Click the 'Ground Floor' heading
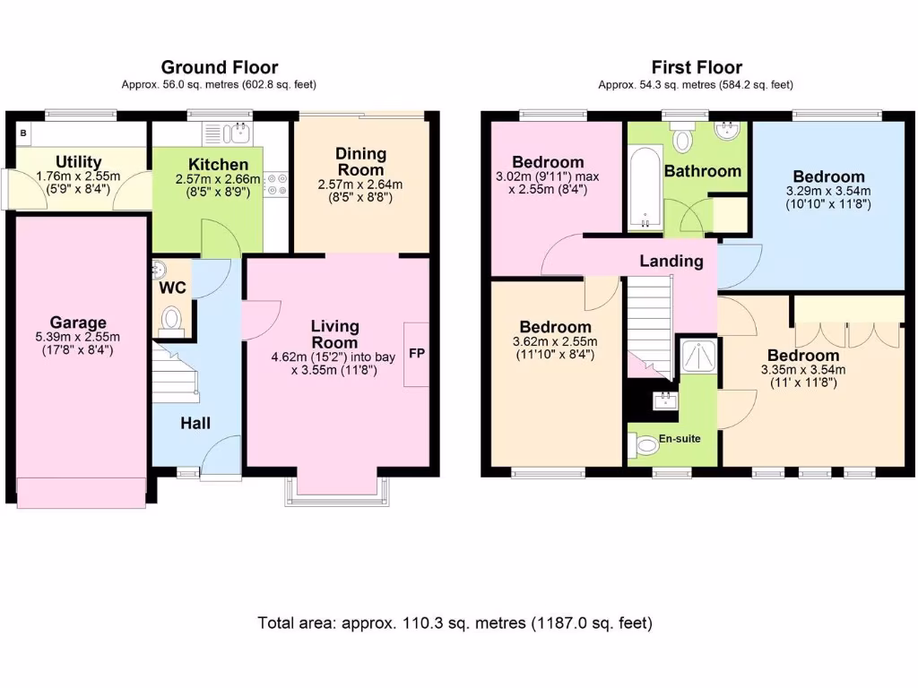pyautogui.click(x=219, y=67)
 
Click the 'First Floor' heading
pyautogui.click(x=696, y=67)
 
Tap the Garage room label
pyautogui.click(x=78, y=322)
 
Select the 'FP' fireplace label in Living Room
pyautogui.click(x=417, y=353)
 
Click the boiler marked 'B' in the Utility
pyautogui.click(x=22, y=133)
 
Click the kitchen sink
pyautogui.click(x=238, y=134)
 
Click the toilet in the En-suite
pyautogui.click(x=646, y=444)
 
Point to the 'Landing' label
pyautogui.click(x=671, y=262)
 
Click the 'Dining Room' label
pyautogui.click(x=360, y=162)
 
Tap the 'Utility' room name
pyautogui.click(x=78, y=162)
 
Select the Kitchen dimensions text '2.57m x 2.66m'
pyautogui.click(x=218, y=180)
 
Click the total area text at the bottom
pyautogui.click(x=455, y=623)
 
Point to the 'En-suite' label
pyautogui.click(x=680, y=439)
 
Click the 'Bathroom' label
pyautogui.click(x=702, y=171)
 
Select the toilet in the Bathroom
pyautogui.click(x=684, y=139)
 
